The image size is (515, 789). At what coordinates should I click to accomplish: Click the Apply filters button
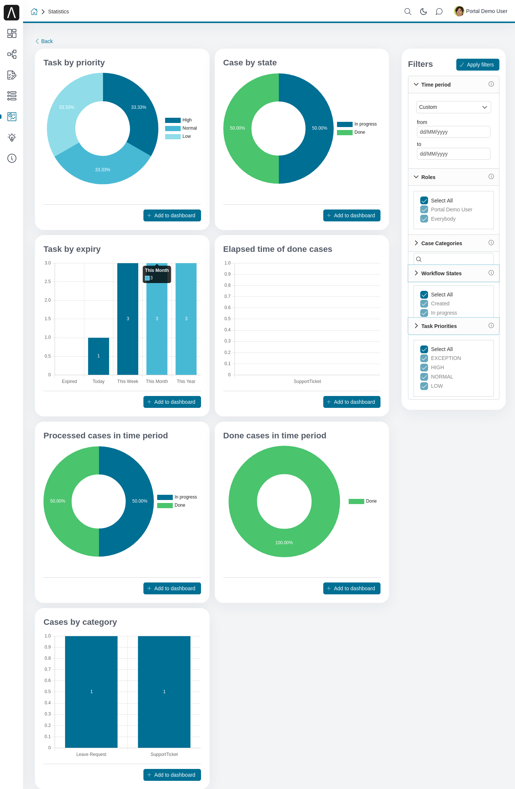point(477,65)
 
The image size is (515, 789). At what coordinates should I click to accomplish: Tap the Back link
point(44,41)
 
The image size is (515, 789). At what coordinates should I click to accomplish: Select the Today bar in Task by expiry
point(98,356)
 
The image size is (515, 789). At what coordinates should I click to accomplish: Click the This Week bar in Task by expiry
point(127,319)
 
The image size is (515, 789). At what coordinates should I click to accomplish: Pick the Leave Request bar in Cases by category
point(91,692)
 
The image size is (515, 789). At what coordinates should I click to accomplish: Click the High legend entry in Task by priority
point(179,120)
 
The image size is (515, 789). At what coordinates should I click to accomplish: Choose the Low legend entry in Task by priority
point(178,136)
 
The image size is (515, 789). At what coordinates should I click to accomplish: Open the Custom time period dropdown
point(453,107)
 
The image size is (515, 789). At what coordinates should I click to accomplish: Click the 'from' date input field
point(453,132)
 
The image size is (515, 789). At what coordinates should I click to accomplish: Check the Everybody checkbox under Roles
point(424,219)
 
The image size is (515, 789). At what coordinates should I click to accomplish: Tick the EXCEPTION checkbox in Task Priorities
point(424,358)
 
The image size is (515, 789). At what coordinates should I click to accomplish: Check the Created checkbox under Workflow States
point(424,303)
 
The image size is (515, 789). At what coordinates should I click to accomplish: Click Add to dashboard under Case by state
point(352,215)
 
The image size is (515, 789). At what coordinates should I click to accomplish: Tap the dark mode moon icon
point(423,12)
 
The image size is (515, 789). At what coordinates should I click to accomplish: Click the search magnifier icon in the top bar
point(408,12)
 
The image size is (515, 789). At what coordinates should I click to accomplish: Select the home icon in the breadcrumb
point(34,12)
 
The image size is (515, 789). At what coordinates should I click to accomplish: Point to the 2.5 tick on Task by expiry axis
point(48,282)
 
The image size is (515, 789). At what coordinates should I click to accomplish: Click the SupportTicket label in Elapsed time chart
point(307,381)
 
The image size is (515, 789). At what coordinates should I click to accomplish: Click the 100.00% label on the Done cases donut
point(284,543)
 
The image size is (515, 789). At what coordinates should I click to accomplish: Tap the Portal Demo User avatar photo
point(459,11)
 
